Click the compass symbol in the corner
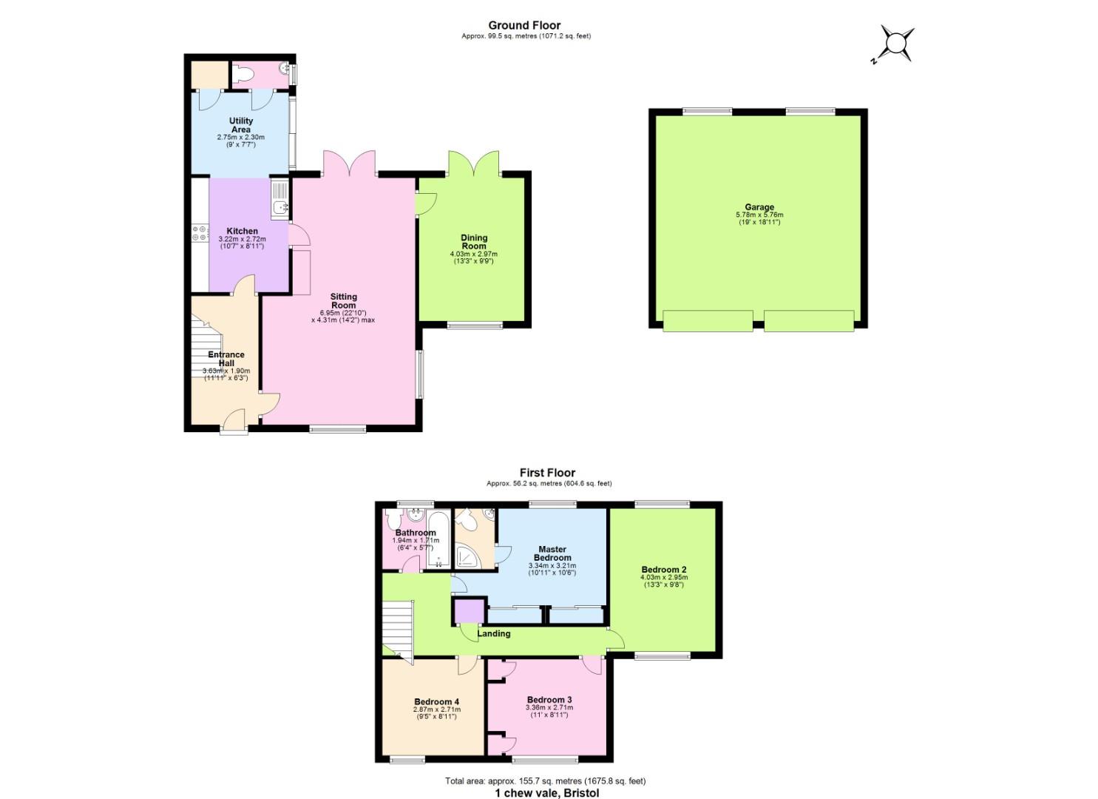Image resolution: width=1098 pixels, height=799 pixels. [x=897, y=44]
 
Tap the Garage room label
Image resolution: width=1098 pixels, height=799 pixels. [x=759, y=207]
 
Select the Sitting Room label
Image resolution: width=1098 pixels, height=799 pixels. [x=344, y=301]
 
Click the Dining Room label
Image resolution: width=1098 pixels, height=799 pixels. [x=474, y=242]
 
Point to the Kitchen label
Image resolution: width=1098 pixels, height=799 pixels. [x=242, y=231]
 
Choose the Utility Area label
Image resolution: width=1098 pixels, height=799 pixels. [x=241, y=125]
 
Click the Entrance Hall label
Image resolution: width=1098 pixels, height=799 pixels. [x=226, y=359]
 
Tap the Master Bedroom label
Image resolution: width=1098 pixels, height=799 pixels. [x=552, y=553]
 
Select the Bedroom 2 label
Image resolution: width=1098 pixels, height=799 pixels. [x=664, y=570]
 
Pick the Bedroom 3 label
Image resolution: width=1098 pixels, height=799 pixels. [x=549, y=700]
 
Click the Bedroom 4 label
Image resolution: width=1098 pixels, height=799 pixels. [x=436, y=701]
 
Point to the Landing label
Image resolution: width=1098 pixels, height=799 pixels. [x=493, y=633]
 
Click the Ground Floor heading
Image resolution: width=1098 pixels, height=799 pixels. [x=524, y=26]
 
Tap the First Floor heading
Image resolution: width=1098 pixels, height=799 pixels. [x=547, y=473]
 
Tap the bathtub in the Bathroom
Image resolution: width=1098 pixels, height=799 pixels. [x=438, y=539]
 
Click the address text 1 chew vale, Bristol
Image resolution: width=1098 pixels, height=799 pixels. [x=546, y=792]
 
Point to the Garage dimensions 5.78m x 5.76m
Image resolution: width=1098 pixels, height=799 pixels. [x=759, y=215]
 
